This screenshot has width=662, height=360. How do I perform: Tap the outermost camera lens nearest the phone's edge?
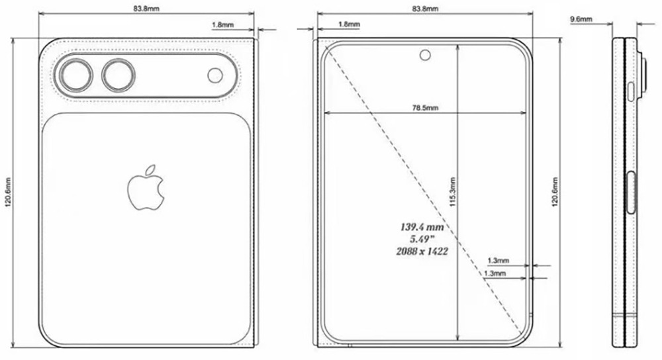tap(75, 76)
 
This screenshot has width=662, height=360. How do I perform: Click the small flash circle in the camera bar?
tap(215, 75)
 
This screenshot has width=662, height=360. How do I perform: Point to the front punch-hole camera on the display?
tap(424, 55)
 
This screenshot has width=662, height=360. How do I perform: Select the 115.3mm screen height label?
tap(452, 196)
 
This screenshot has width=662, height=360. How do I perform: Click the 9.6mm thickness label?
tap(581, 20)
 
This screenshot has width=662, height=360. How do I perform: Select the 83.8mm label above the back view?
tap(146, 9)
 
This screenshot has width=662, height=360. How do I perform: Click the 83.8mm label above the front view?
tap(424, 9)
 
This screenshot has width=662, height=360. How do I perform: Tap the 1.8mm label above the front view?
tap(349, 24)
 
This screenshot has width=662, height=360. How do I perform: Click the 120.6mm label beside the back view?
tap(8, 194)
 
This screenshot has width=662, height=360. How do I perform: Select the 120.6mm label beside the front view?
tap(553, 193)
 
